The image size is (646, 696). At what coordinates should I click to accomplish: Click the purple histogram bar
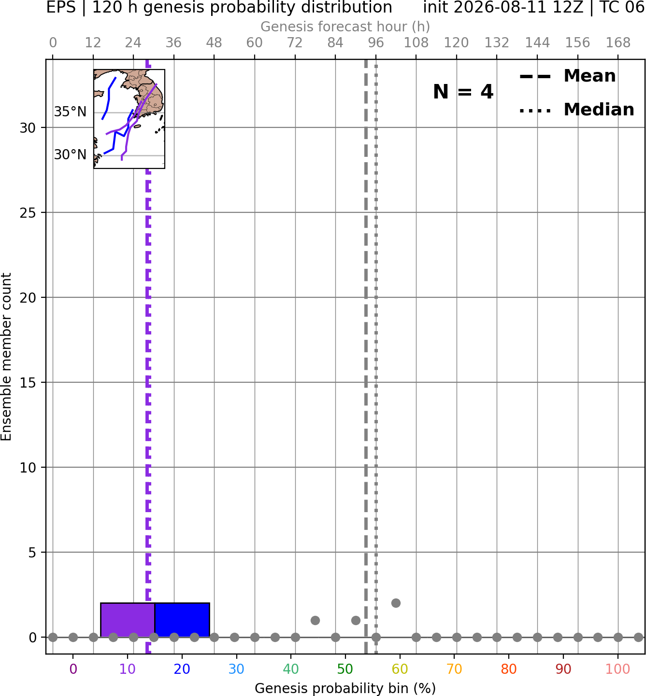128,620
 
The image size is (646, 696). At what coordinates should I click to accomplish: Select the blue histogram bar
182,620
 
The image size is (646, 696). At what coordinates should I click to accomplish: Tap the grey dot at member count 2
396,603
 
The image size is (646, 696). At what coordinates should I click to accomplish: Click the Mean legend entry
567,76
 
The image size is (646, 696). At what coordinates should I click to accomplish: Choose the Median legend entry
576,110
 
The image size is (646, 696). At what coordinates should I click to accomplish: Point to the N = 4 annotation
463,92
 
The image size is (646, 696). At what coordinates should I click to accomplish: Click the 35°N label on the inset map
70,112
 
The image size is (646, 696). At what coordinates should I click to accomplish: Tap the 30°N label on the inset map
70,154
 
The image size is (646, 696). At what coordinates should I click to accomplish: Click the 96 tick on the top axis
376,43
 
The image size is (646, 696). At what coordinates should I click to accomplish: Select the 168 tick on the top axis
618,43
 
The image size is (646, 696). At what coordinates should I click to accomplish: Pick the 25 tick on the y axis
28,213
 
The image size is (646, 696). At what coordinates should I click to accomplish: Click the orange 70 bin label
454,669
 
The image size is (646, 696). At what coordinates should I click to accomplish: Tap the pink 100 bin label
618,669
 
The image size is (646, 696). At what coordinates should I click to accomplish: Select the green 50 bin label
345,669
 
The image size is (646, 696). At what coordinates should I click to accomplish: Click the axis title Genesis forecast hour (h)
345,27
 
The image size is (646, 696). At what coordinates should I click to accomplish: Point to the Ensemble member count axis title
6,357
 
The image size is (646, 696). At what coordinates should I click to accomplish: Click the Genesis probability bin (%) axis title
345,688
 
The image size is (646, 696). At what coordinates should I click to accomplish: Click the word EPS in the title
61,7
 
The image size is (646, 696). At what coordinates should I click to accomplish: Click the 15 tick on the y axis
28,383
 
